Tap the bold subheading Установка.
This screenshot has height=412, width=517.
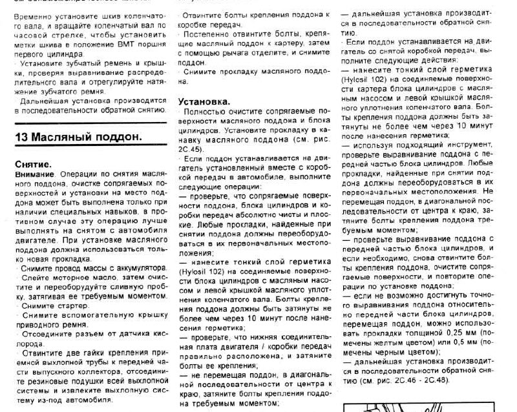click(x=203, y=102)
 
